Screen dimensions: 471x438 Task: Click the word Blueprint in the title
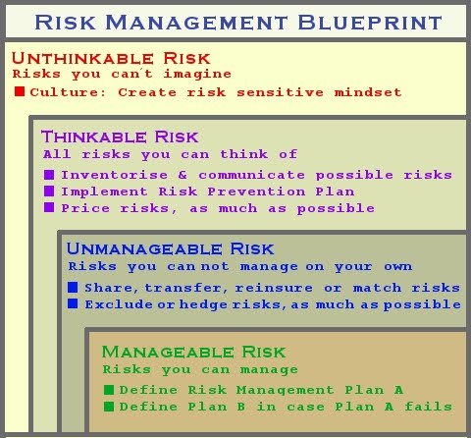[x=370, y=23]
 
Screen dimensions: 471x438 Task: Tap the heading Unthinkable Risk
[x=111, y=58]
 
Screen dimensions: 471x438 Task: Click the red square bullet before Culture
[x=20, y=91]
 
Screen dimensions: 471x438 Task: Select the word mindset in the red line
[x=368, y=92]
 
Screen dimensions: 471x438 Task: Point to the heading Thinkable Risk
[x=120, y=137]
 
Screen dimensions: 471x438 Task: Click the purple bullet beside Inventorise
[x=49, y=175]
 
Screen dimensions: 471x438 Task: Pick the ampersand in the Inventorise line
[x=183, y=175]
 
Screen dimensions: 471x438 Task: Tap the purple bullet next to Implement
[x=49, y=191]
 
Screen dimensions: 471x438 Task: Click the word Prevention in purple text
[x=256, y=192]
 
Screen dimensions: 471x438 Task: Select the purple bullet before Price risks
[x=49, y=207]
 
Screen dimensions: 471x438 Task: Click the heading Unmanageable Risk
[x=170, y=248]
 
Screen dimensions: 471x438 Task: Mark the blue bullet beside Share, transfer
[x=73, y=287]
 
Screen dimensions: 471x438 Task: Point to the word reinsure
[x=274, y=288]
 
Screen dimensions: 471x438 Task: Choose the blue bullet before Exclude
[x=73, y=303]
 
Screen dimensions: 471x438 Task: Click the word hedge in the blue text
[x=203, y=304]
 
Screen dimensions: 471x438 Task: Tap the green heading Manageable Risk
[x=193, y=352]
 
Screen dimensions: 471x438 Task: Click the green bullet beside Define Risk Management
[x=109, y=390]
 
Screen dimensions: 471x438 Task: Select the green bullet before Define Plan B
[x=109, y=407]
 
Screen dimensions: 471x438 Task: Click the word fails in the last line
[x=429, y=407]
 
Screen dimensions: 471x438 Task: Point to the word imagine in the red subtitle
[x=197, y=74]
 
